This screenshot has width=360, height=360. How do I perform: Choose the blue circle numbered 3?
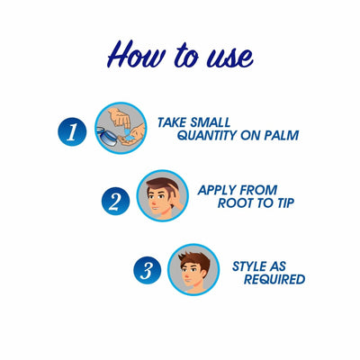click(148, 269)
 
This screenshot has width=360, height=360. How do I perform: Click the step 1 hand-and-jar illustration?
click(121, 129)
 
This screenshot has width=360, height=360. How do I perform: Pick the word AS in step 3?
click(294, 266)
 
